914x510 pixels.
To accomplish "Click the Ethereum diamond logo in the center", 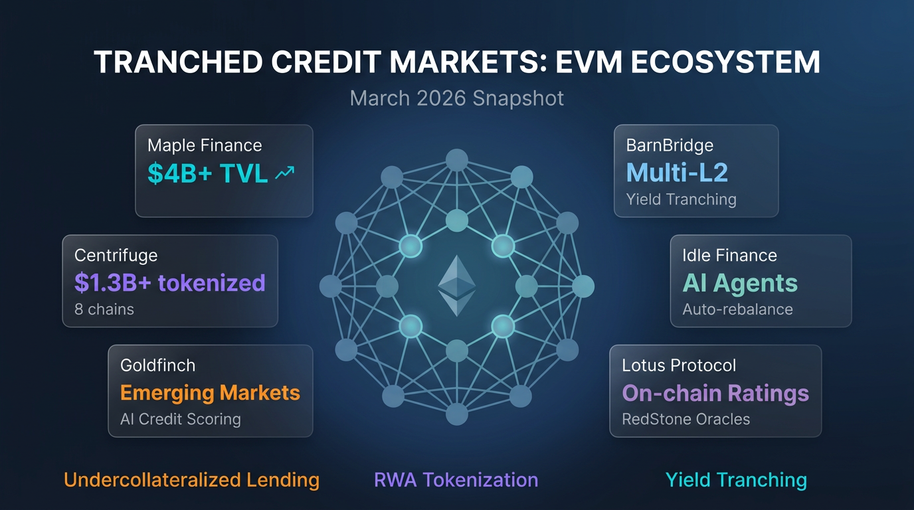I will [457, 286].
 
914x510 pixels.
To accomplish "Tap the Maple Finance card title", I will [205, 145].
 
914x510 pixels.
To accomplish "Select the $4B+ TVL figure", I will [207, 173].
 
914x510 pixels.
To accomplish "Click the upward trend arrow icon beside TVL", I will [285, 173].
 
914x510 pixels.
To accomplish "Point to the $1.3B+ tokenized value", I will [170, 283].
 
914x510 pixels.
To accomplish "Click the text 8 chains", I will [104, 309].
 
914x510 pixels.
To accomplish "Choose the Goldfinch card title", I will [157, 365].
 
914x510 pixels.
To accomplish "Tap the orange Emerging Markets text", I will [210, 392].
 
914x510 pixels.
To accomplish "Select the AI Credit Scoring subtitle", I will [180, 420].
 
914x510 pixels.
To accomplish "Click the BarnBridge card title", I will [669, 145].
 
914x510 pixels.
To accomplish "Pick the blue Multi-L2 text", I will [677, 173].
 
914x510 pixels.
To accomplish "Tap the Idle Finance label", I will [729, 255].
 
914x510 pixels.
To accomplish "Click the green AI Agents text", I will [740, 283].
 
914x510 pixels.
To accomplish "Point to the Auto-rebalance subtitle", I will [737, 309].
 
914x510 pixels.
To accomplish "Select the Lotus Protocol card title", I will [679, 365].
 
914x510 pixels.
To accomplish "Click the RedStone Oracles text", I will [685, 420].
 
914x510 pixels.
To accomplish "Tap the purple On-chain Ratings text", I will [715, 393].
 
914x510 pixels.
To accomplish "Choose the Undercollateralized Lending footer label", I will [191, 480].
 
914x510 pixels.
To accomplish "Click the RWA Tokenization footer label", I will [456, 480].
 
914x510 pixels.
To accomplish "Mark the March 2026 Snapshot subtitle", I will [457, 98].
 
